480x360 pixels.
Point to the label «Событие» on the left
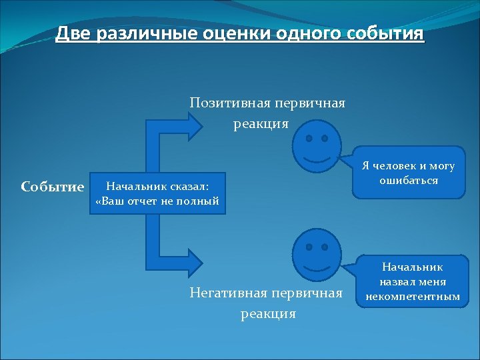(53, 187)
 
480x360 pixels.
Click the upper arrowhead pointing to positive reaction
(197, 125)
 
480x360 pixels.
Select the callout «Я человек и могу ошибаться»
(408, 173)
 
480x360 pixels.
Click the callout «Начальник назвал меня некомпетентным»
(408, 281)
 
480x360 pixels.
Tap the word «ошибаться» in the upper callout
(409, 181)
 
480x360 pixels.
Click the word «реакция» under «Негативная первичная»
(268, 313)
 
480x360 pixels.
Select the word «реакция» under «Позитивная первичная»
(261, 124)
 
